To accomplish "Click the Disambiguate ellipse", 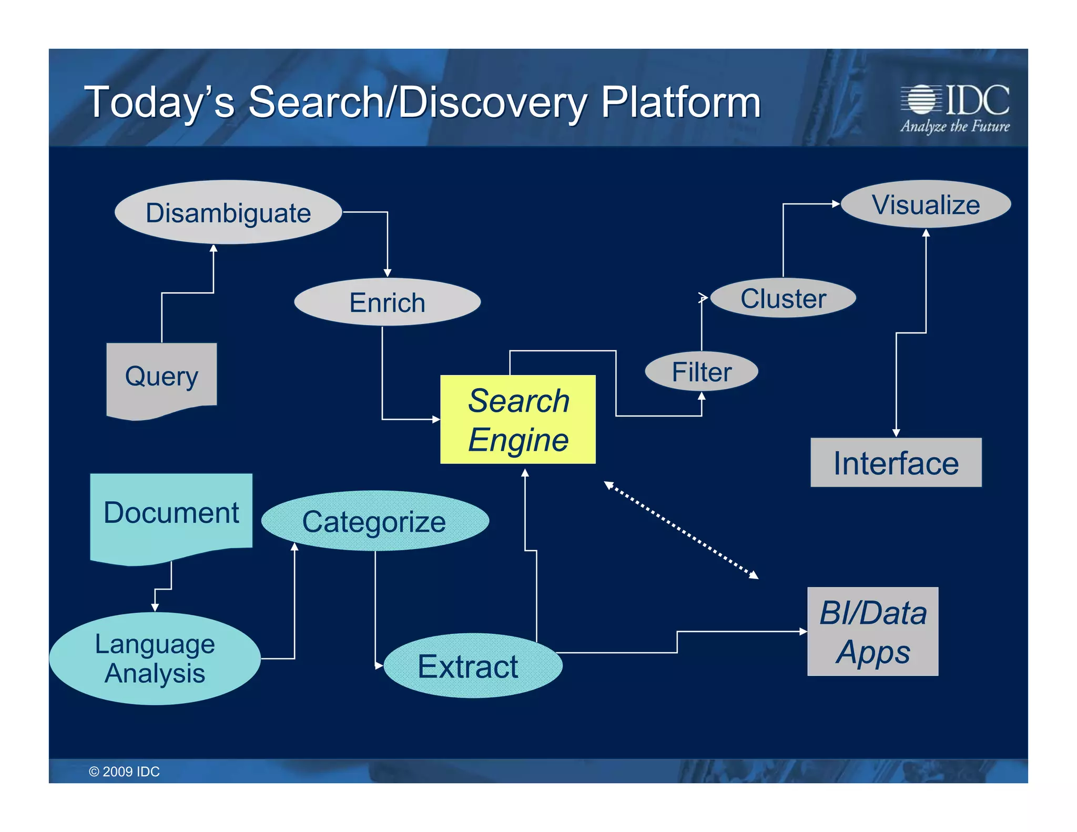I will (228, 212).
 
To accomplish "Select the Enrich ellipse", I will (387, 302).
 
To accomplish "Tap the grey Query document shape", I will (161, 377).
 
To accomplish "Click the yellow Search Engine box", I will (518, 420).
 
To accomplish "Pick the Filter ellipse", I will (701, 372).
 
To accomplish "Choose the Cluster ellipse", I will (783, 298).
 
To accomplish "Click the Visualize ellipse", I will (926, 205).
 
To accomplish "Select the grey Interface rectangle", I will (896, 463).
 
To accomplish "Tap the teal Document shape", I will (171, 513).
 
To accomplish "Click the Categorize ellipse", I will (374, 521).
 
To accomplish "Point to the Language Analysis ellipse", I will (155, 658).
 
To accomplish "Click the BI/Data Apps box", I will (872, 632).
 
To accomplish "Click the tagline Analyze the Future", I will (954, 127).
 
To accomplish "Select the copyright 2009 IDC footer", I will (124, 772).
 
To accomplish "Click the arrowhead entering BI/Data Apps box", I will (803, 631).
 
